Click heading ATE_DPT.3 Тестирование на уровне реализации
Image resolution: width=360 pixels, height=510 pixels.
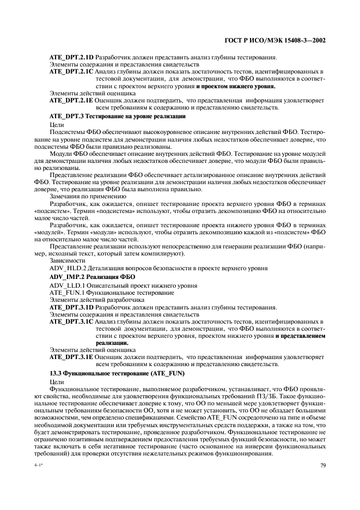coord(118,116)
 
